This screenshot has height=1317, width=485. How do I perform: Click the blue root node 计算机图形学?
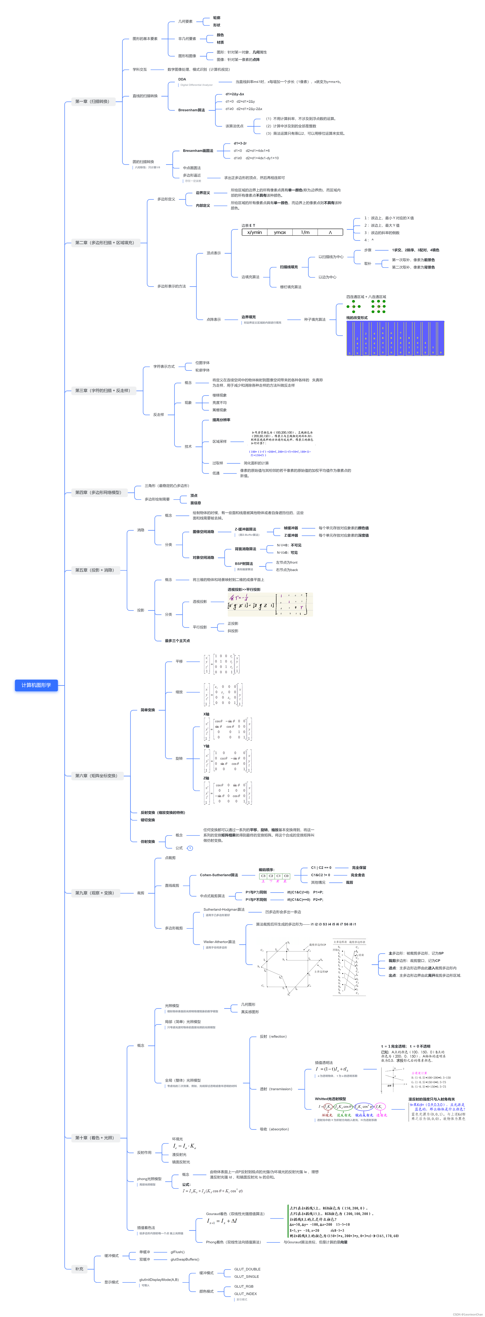(36, 685)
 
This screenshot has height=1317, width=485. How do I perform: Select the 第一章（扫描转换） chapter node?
(92, 101)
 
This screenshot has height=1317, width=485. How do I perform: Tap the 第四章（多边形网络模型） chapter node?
(98, 492)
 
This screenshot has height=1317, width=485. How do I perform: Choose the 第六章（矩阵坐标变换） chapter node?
(96, 776)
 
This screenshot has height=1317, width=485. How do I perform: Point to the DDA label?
(182, 79)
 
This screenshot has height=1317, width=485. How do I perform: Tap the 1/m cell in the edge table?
(305, 232)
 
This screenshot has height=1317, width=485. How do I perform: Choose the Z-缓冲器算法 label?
(246, 529)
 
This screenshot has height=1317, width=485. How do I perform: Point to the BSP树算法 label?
(244, 563)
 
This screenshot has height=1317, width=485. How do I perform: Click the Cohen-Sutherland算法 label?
(219, 875)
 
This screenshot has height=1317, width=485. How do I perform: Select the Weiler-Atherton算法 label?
(219, 942)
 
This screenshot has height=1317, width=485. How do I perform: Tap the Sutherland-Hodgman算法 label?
(224, 910)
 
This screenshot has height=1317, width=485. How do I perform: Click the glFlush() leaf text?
(177, 1252)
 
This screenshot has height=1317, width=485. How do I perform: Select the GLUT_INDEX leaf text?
(246, 1293)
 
